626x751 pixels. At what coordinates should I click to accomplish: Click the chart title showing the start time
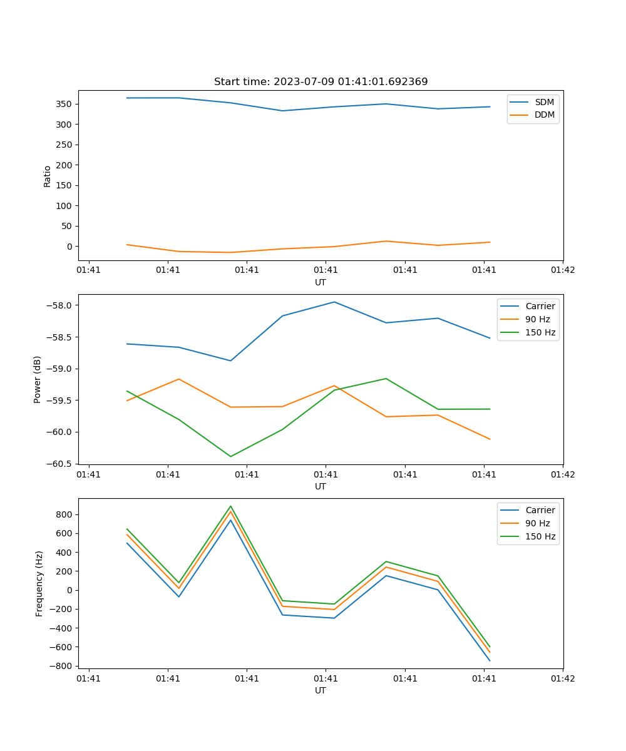tap(321, 82)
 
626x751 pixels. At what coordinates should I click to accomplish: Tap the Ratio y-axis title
tap(48, 176)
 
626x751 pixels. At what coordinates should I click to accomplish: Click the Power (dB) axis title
tap(38, 379)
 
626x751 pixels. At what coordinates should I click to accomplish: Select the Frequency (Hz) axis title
tap(39, 583)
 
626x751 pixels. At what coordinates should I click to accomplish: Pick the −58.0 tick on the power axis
tap(60, 305)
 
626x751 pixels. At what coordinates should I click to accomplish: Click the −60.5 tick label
tap(60, 464)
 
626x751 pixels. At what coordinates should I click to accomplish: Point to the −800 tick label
tap(62, 666)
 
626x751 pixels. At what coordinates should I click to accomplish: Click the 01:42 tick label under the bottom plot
tap(563, 678)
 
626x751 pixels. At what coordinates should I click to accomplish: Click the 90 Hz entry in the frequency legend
tap(537, 523)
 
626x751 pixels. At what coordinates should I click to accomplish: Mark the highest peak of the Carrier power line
tap(334, 302)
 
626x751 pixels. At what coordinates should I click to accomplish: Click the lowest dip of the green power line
tap(230, 456)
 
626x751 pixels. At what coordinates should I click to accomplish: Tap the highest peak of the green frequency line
tap(230, 506)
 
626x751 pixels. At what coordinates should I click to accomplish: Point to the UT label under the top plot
tap(321, 282)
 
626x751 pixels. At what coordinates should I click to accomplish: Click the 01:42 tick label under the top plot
tap(563, 270)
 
